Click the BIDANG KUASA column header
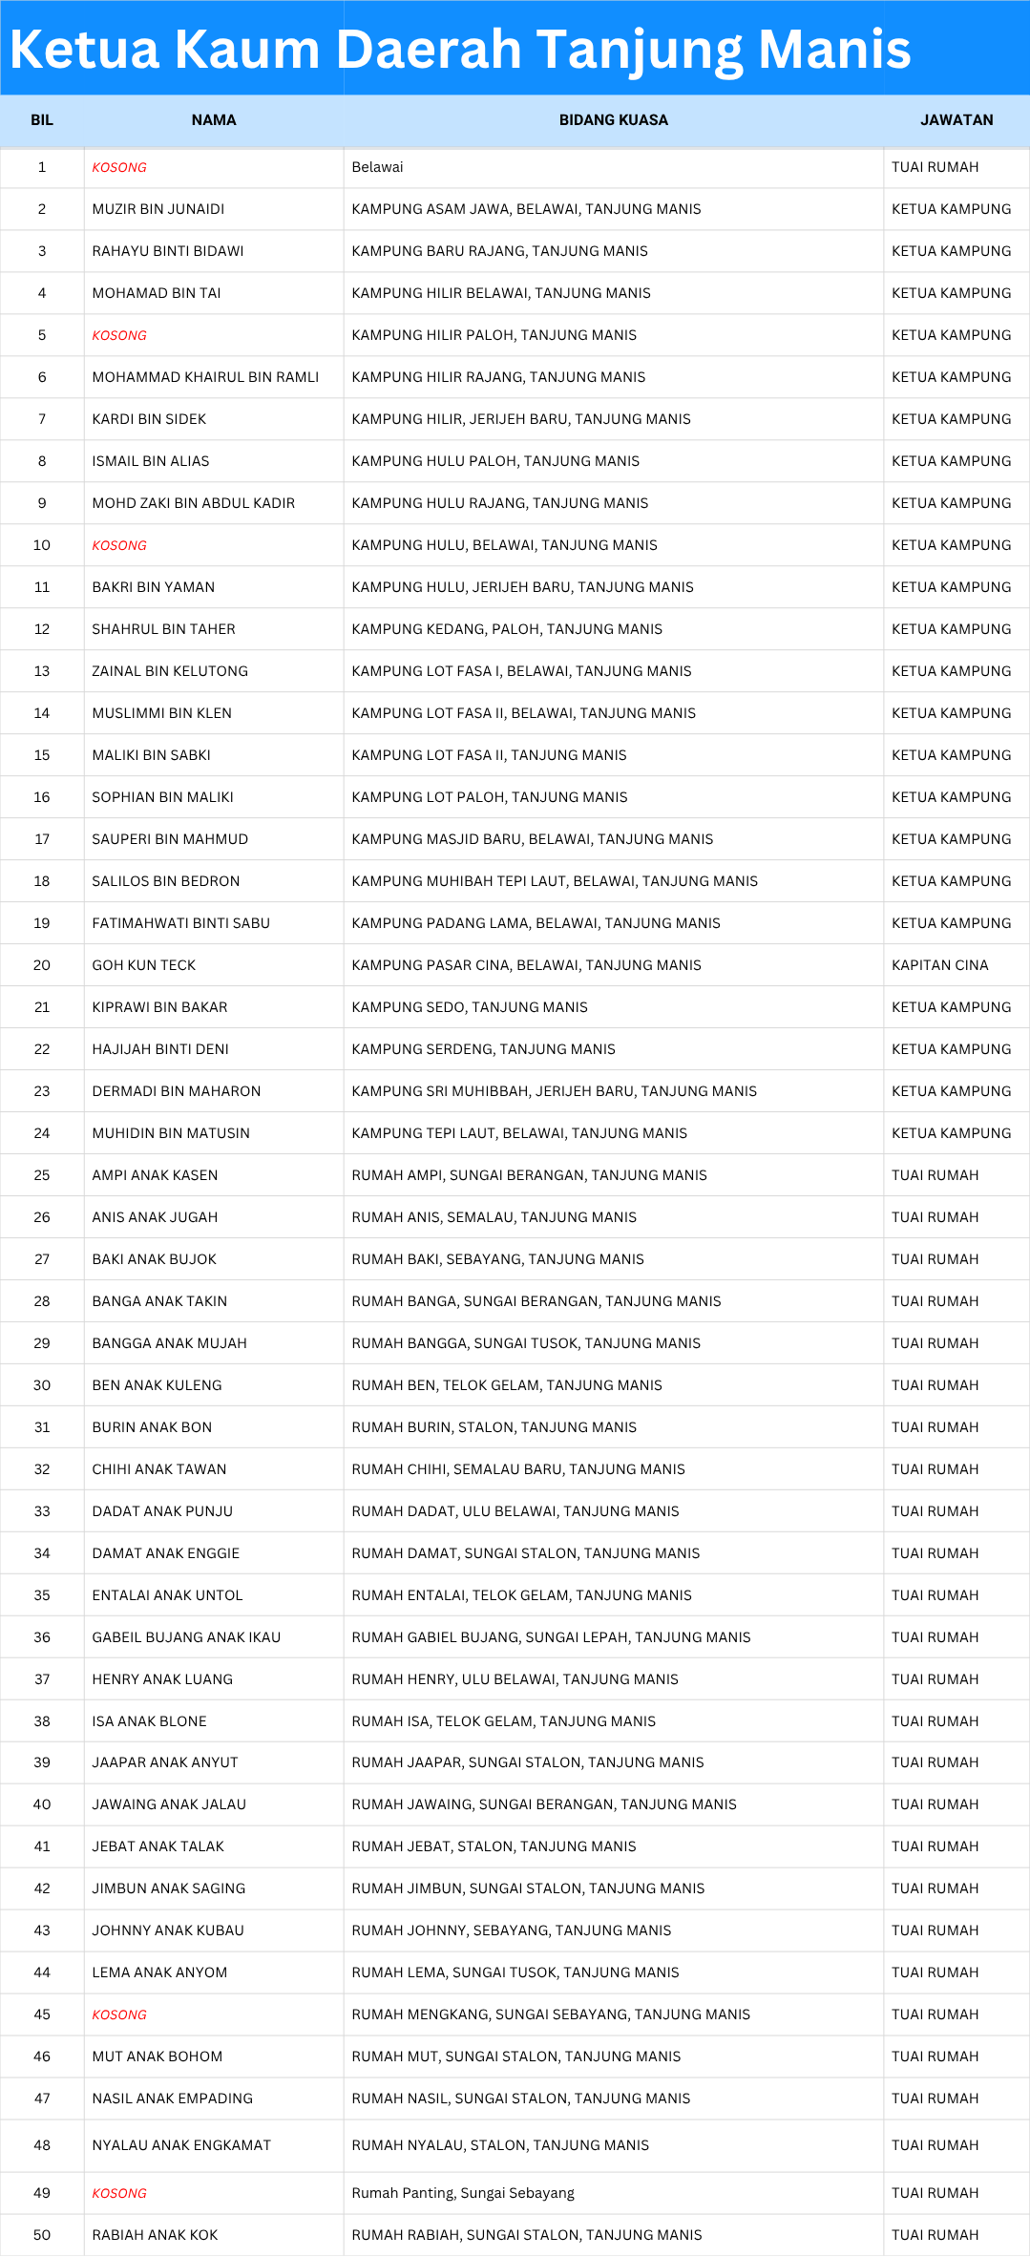(613, 120)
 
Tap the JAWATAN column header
(956, 120)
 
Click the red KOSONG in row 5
(119, 335)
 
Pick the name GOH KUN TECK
(143, 965)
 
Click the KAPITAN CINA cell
(939, 965)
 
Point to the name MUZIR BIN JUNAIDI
(158, 209)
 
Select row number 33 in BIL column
(42, 1511)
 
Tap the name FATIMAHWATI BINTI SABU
(180, 923)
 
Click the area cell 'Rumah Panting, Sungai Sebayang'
(463, 2193)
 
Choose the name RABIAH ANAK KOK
(155, 2235)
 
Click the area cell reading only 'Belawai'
(377, 167)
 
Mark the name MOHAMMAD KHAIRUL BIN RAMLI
(205, 377)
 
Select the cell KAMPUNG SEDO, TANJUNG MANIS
(470, 1007)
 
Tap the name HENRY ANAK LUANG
(162, 1679)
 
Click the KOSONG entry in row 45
(119, 2014)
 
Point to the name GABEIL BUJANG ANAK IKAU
(186, 1637)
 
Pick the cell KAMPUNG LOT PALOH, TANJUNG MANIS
(490, 797)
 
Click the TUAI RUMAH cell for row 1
(935, 167)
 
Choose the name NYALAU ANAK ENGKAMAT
(181, 2145)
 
